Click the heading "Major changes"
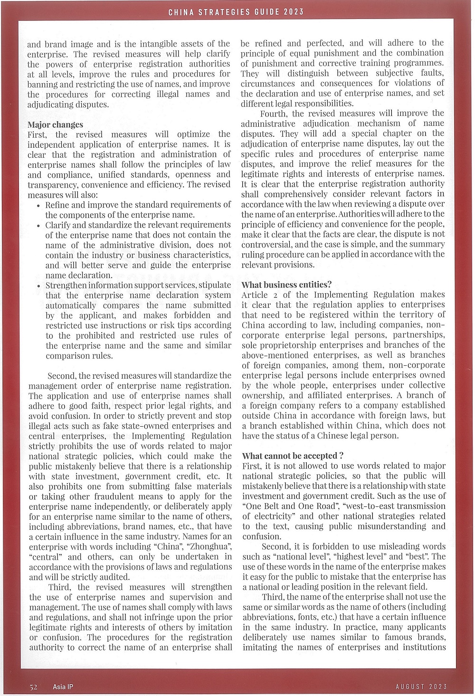pos(55,125)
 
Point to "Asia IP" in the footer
pos(63,686)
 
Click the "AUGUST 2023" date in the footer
pos(421,686)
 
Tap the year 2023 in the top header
pos(294,12)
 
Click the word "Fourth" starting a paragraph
pos(273,114)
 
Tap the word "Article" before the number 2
pos(255,295)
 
